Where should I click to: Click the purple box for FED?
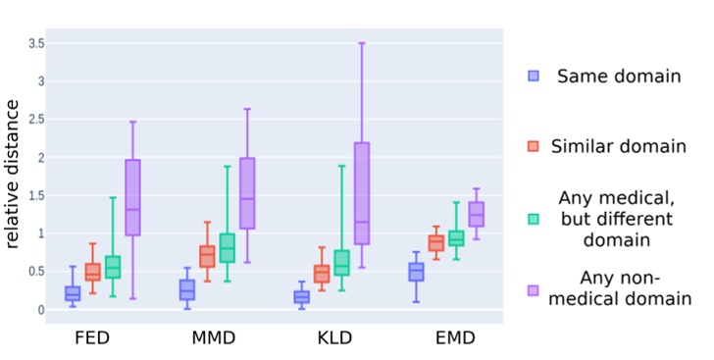(x=132, y=197)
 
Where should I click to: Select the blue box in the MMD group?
(x=186, y=289)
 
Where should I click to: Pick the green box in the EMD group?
(x=456, y=237)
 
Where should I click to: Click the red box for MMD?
(x=207, y=256)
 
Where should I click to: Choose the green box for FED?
(x=113, y=267)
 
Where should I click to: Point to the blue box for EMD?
(x=416, y=272)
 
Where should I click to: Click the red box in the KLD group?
(x=322, y=274)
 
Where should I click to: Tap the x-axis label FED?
(x=92, y=340)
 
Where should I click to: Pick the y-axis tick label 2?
(x=41, y=158)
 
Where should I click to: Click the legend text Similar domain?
(x=618, y=146)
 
